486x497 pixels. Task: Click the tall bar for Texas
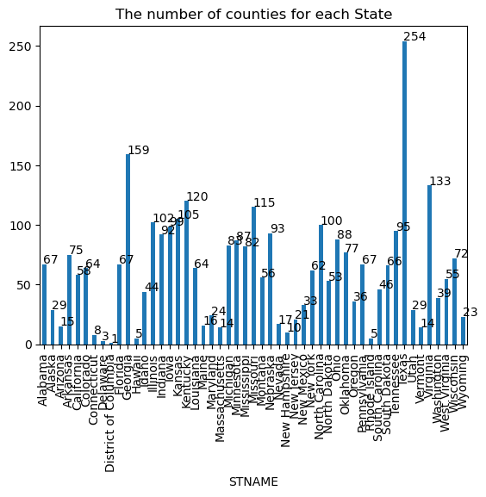404,193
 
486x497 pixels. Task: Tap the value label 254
415,36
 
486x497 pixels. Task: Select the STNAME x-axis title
253,482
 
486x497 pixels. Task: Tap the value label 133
440,181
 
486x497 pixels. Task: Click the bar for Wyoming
463,331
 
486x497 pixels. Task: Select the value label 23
470,312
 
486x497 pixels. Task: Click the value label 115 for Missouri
264,202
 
